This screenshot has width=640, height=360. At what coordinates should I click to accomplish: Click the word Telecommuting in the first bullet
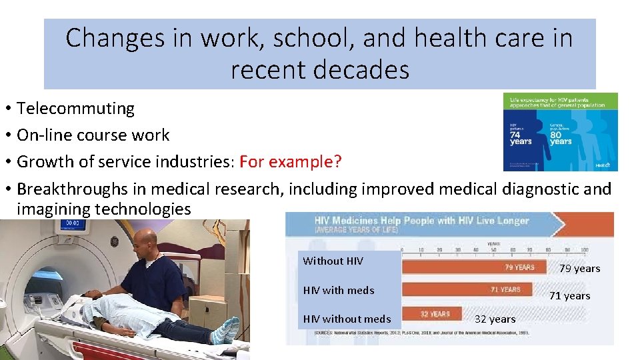click(x=75, y=108)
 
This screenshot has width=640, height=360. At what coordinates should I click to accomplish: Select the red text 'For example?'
click(x=290, y=161)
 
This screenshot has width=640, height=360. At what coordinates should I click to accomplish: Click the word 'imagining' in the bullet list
click(x=53, y=209)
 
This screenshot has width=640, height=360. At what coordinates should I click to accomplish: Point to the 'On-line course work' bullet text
click(x=93, y=135)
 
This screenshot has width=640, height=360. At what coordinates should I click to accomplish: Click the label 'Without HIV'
click(x=333, y=261)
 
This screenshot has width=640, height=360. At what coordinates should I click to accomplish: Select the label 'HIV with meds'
click(x=339, y=290)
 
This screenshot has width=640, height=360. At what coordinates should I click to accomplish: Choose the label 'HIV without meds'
click(x=347, y=319)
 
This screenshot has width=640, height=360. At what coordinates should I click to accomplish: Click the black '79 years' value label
click(x=579, y=268)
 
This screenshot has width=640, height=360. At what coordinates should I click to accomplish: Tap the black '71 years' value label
click(x=569, y=295)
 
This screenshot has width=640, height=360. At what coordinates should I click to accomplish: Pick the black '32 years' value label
click(x=495, y=319)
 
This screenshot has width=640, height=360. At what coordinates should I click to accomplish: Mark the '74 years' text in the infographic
click(x=521, y=138)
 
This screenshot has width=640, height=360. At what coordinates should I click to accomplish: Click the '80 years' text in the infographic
click(x=561, y=138)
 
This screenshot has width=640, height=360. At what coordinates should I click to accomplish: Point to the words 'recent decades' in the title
click(x=320, y=69)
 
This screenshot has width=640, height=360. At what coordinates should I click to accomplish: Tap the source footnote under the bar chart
click(x=413, y=331)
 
